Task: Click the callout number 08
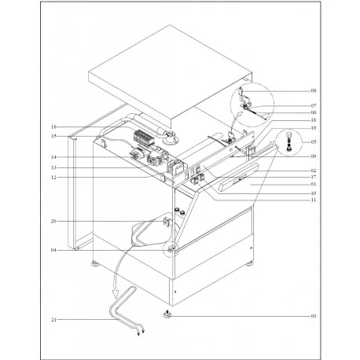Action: [x=313, y=91]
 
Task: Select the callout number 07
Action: [x=313, y=105]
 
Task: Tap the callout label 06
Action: [x=313, y=112]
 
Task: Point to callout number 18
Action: [x=313, y=120]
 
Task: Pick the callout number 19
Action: [x=313, y=128]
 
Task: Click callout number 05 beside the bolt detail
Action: [x=313, y=142]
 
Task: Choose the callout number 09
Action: [x=313, y=156]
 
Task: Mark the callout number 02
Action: [x=313, y=170]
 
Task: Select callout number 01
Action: [x=313, y=185]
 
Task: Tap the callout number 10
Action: [x=313, y=193]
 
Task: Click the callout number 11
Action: [x=313, y=200]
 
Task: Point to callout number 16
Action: [x=53, y=127]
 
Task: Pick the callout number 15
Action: [x=53, y=135]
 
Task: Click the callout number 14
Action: [x=53, y=158]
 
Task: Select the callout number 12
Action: [x=53, y=177]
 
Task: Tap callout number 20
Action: [x=53, y=222]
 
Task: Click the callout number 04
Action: [x=53, y=250]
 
